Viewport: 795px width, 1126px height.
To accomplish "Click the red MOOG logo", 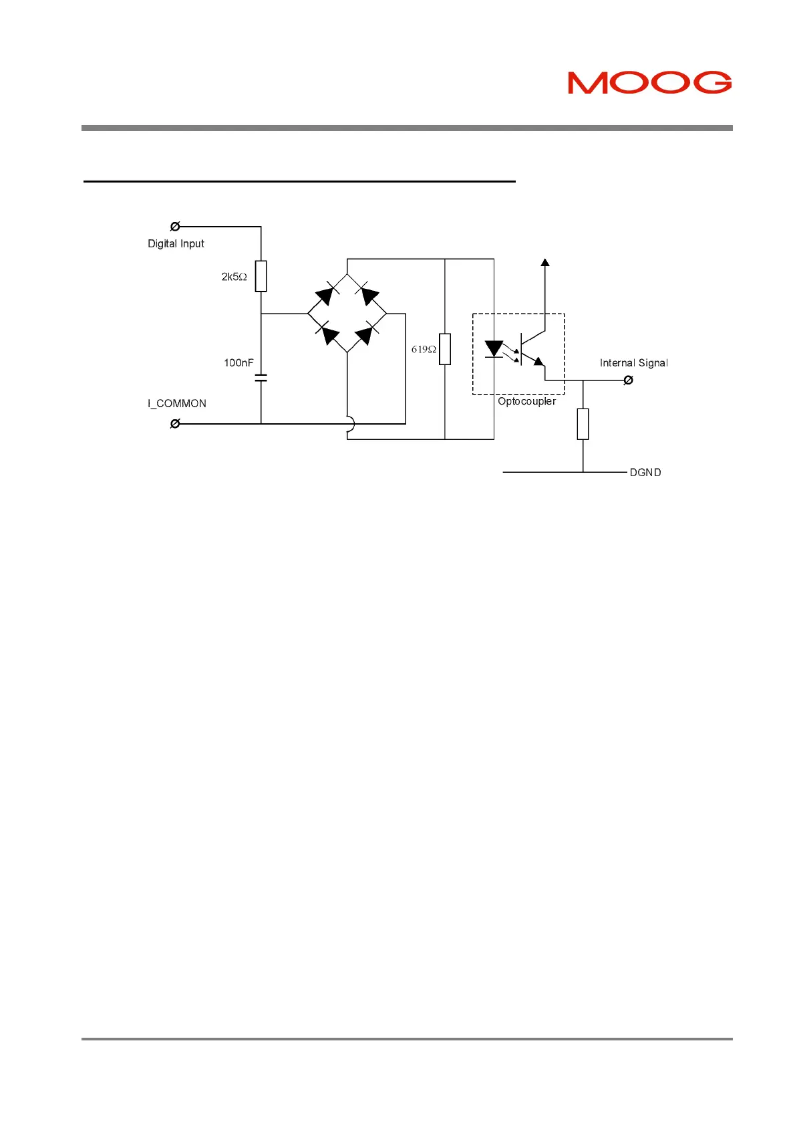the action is (649, 82).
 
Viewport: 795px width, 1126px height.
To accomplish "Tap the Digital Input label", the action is (176, 243).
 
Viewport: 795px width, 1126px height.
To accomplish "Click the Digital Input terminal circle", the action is (175, 227).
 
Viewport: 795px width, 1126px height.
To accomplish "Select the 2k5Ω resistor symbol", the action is (261, 276).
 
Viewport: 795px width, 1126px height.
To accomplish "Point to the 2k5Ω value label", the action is (234, 276).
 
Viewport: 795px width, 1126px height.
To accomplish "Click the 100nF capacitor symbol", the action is (261, 379).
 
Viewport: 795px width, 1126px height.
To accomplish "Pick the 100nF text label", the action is (238, 362).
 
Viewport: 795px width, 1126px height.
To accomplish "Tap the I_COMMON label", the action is (177, 403).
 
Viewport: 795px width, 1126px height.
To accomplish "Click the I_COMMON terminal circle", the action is (175, 423).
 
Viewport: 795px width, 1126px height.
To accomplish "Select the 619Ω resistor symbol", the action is (445, 349).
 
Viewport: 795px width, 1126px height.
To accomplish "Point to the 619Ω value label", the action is (424, 349).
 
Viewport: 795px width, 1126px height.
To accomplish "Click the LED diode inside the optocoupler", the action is (494, 349).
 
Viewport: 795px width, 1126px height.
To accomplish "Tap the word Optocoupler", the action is (526, 401).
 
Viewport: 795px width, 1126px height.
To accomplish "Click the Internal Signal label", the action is (633, 362).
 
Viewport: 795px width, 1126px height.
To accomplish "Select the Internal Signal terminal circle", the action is (628, 380).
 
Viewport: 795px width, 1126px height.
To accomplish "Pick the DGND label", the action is (645, 472).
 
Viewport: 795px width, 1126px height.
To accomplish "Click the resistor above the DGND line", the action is (583, 424).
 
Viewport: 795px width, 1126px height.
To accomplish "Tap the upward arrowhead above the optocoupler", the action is (545, 263).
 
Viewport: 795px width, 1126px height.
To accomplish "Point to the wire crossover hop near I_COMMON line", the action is (350, 424).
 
